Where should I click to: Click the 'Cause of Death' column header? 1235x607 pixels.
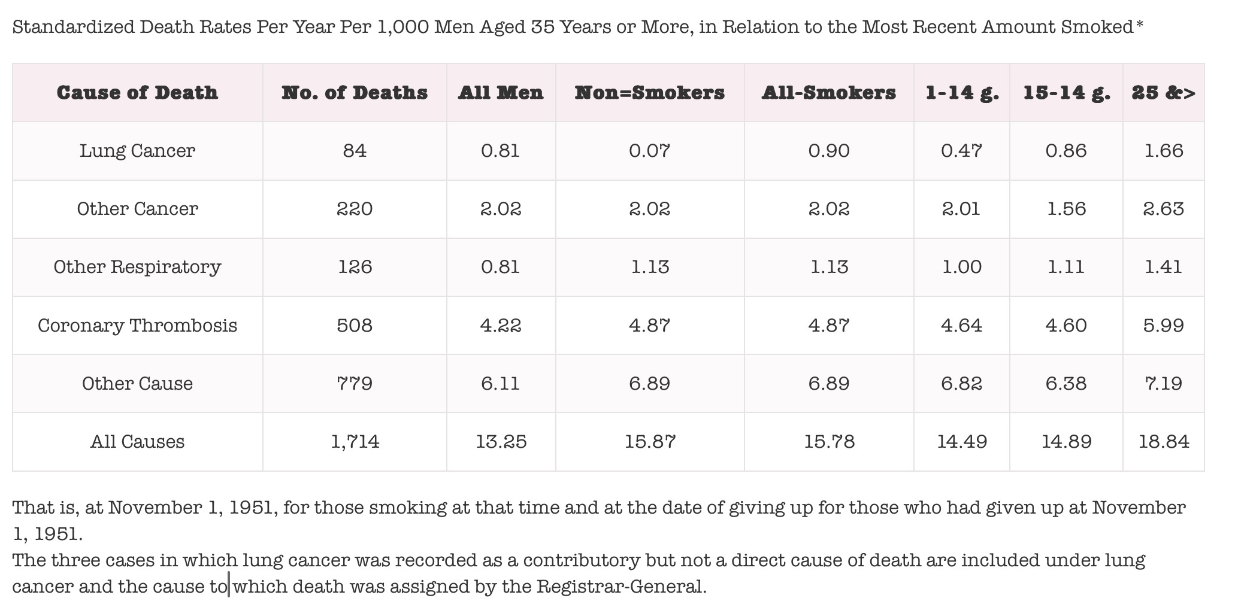[x=137, y=93]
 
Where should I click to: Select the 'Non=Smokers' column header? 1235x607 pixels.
[x=650, y=93]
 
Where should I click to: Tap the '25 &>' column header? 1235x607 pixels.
[x=1163, y=93]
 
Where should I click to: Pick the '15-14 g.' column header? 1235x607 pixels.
[x=1066, y=93]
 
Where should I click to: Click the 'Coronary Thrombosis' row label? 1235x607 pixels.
[x=137, y=326]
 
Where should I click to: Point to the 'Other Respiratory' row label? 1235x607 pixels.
[x=137, y=267]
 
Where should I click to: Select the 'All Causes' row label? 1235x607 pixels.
[x=137, y=442]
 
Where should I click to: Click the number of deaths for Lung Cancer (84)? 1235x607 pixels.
[x=355, y=150]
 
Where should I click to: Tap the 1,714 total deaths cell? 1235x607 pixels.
[x=355, y=442]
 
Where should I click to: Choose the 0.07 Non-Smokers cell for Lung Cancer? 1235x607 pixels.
[x=650, y=150]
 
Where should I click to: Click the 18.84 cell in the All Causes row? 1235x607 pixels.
[x=1164, y=442]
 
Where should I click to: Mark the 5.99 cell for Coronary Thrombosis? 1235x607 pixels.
[x=1164, y=326]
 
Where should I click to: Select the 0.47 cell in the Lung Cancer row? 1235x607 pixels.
[x=961, y=150]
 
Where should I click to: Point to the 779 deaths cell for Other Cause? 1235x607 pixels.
[x=355, y=384]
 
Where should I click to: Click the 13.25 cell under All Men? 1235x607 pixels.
[x=501, y=442]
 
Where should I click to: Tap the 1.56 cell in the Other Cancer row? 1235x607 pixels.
[x=1066, y=209]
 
